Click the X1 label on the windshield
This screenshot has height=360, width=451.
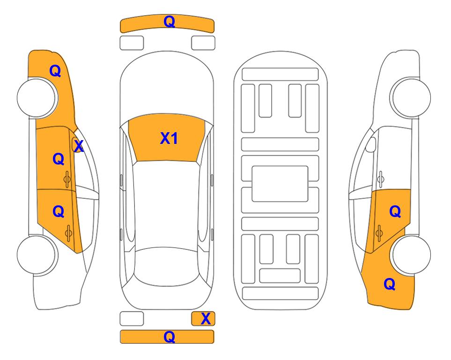(169, 138)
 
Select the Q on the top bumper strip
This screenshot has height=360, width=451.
(170, 22)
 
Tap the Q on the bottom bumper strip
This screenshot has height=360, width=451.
(170, 337)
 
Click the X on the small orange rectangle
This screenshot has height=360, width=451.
(206, 319)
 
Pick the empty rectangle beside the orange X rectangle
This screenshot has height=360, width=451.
(132, 319)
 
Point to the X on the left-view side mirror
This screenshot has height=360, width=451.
(79, 146)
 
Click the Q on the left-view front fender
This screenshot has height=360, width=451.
(55, 71)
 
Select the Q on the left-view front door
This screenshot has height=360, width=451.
(59, 159)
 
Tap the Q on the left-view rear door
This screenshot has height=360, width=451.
(59, 212)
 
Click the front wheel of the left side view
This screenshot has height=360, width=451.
(37, 98)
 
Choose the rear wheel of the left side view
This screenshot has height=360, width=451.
(37, 255)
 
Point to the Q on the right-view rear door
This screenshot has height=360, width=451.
(395, 212)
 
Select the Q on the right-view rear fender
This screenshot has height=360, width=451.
(390, 284)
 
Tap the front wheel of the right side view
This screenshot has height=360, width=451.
(411, 98)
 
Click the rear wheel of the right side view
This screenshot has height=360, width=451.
(412, 255)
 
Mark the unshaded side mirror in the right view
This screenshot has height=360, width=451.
(371, 144)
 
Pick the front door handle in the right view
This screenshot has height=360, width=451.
(380, 179)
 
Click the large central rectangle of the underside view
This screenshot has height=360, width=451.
(280, 184)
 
